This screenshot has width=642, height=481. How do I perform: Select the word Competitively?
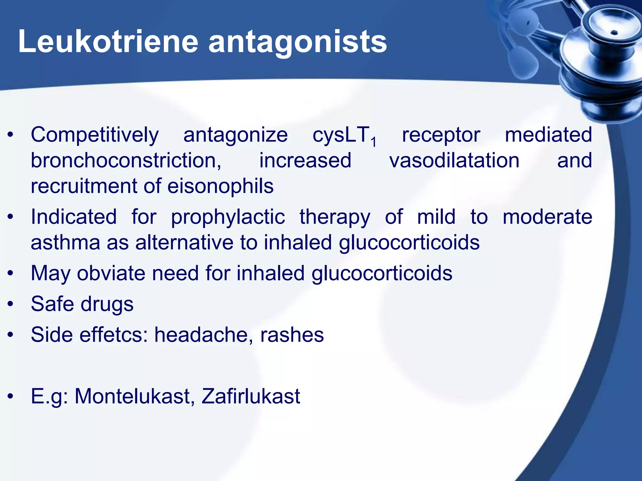pos(95,135)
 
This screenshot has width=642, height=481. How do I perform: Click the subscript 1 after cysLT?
pos(373,142)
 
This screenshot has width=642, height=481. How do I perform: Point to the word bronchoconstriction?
pos(126,161)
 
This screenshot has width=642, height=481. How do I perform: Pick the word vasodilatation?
pos(454,161)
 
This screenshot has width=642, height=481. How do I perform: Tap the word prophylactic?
pos(228,217)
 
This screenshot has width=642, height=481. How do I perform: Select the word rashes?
pos(292,335)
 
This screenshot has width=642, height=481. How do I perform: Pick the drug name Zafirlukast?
pos(251,396)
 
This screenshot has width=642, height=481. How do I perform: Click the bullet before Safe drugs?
pos(11,304)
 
